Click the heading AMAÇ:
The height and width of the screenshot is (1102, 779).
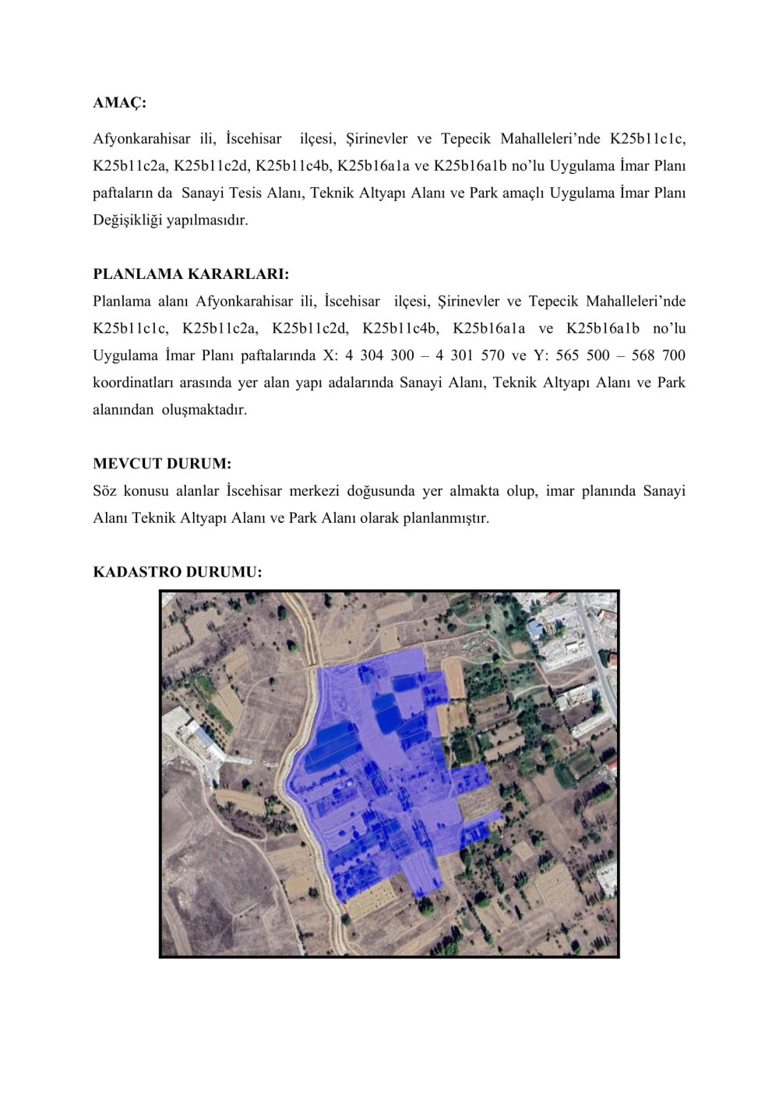point(119,103)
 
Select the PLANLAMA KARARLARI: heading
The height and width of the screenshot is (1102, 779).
point(191,274)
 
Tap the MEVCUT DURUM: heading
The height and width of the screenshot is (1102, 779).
point(162,464)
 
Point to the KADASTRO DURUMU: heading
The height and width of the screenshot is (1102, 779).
point(178,572)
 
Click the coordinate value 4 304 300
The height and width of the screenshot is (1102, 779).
point(380,355)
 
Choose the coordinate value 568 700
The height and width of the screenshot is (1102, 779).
point(662,355)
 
